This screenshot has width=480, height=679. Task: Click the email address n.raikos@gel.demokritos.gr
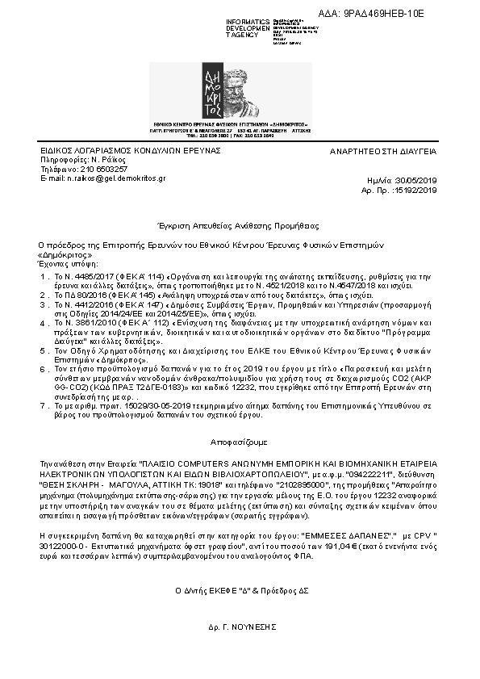[100, 177]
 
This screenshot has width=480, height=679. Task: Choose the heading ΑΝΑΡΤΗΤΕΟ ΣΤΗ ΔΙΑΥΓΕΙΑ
[383, 151]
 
